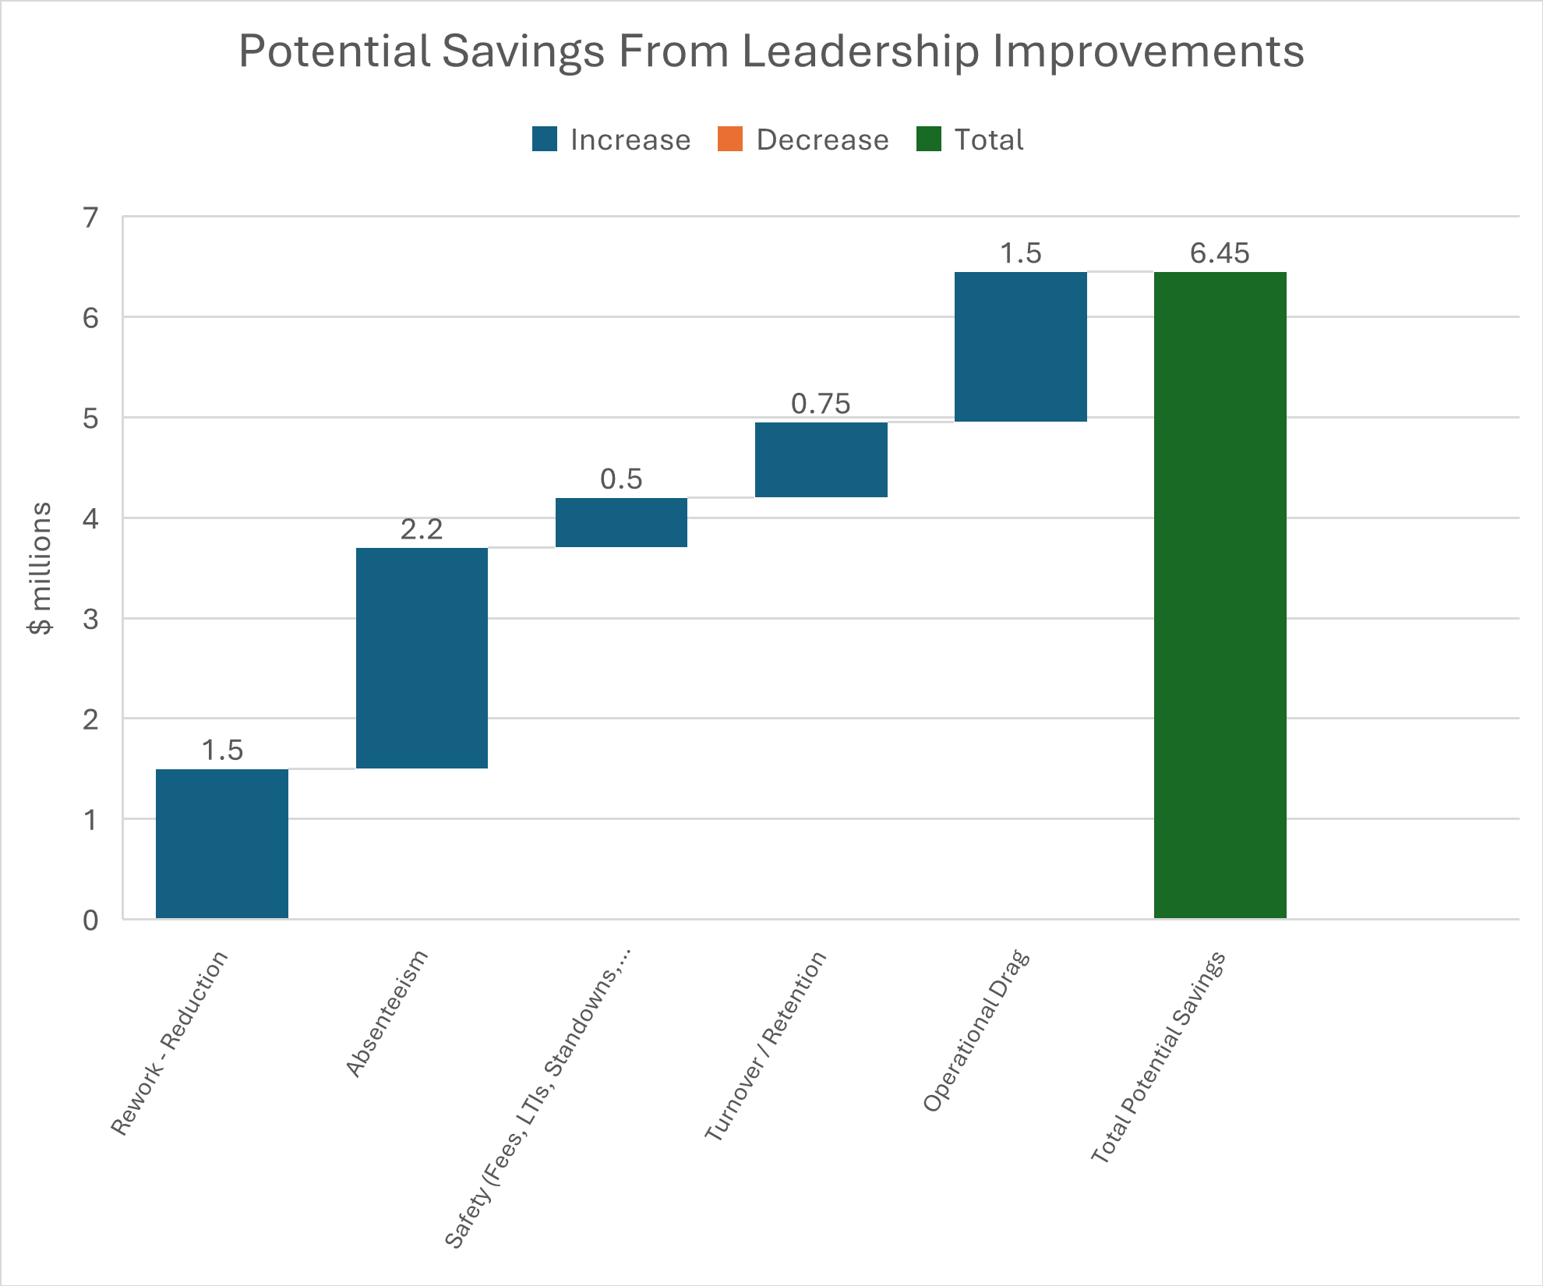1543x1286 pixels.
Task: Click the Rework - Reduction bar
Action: click(222, 843)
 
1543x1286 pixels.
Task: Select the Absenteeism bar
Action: click(422, 658)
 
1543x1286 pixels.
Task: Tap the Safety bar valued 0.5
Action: click(621, 522)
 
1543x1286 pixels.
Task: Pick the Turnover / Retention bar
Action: click(821, 459)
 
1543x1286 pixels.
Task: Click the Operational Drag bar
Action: click(1021, 347)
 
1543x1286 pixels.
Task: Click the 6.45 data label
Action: click(1220, 253)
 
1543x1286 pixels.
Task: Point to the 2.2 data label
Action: click(422, 529)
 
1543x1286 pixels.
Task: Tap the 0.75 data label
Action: click(821, 404)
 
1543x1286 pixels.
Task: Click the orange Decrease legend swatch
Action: click(730, 140)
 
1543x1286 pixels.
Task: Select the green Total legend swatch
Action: click(929, 140)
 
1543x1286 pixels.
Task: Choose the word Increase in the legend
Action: click(630, 140)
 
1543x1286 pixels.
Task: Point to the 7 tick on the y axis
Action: click(91, 217)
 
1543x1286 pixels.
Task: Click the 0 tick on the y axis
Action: click(91, 920)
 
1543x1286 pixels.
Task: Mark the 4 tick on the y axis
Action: click(91, 518)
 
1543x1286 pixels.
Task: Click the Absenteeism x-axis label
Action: click(387, 1013)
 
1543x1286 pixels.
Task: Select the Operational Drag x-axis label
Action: click(976, 1030)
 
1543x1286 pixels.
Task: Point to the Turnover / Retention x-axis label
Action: click(765, 1046)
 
